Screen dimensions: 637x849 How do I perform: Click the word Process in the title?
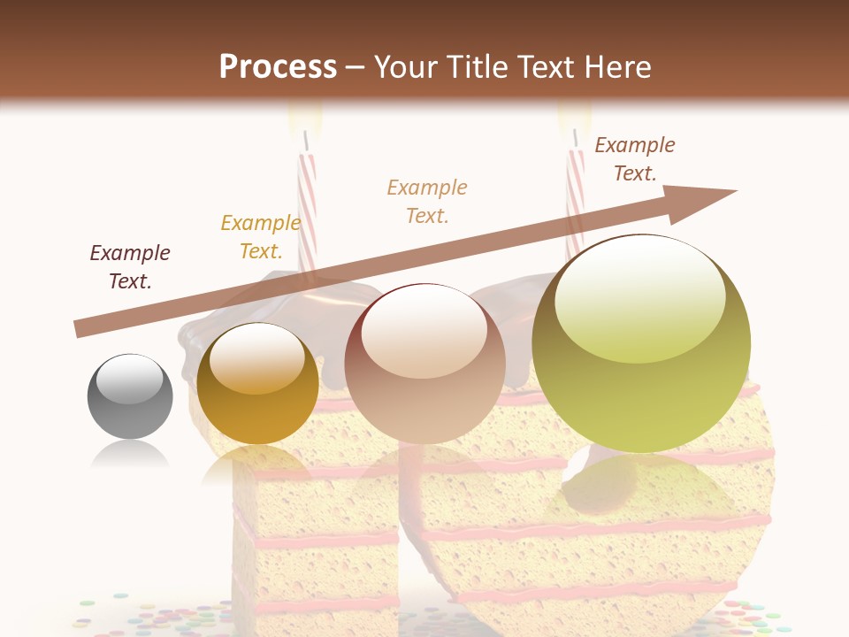[278, 66]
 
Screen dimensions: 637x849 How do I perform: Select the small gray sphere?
[130, 395]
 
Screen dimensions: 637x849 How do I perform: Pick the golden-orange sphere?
[257, 383]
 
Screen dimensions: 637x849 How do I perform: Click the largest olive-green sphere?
[641, 343]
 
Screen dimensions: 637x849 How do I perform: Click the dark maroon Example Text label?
[130, 266]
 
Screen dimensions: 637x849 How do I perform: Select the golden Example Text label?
[260, 236]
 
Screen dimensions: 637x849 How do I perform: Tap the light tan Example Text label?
[427, 201]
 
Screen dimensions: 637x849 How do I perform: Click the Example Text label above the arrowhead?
[634, 158]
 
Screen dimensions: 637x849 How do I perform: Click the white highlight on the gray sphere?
[129, 379]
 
